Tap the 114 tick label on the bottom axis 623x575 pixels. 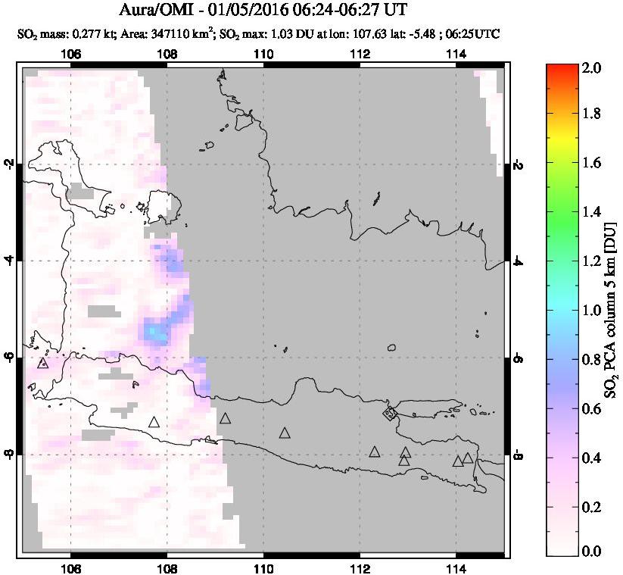click(456, 569)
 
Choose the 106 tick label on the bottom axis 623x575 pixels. click(70, 569)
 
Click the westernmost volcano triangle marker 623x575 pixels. click(42, 363)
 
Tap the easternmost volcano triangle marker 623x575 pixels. click(468, 458)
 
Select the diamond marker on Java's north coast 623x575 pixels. click(390, 413)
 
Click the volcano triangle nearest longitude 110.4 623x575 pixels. click(285, 433)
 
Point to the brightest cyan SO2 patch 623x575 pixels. click(154, 333)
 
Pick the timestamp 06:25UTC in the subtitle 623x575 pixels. click(475, 34)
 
